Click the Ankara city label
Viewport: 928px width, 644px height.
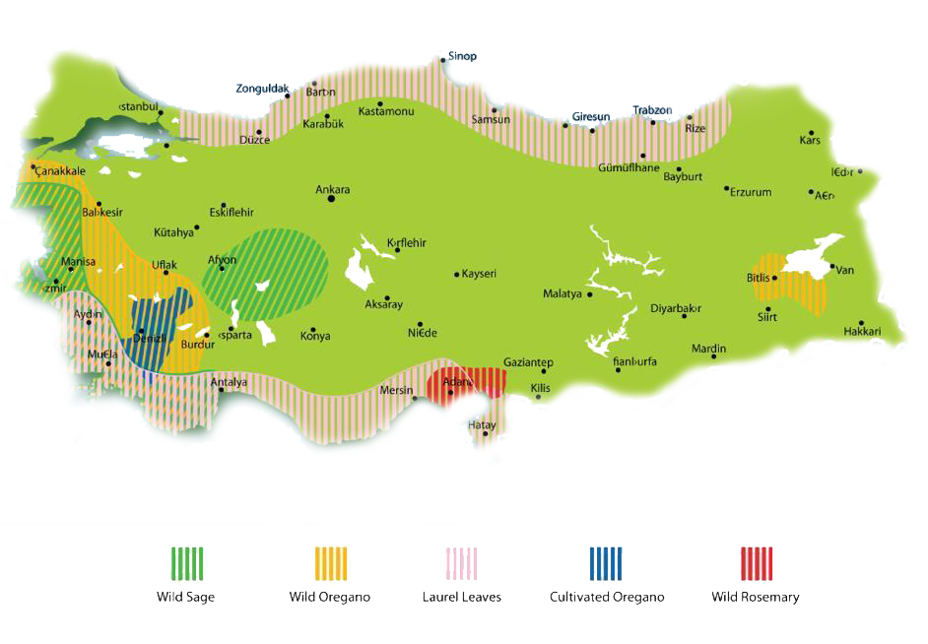click(x=332, y=190)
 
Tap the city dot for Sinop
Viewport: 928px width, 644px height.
click(x=443, y=60)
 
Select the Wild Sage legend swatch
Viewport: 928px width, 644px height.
click(x=185, y=563)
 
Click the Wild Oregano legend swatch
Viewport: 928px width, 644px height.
click(x=330, y=563)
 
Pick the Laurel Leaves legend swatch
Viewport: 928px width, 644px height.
click(x=462, y=563)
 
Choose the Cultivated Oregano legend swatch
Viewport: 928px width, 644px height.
click(x=606, y=563)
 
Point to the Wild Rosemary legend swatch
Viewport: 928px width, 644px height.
click(x=756, y=563)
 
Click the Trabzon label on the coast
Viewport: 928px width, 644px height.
click(x=652, y=110)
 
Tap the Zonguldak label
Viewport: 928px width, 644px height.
click(x=262, y=89)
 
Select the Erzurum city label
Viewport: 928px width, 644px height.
click(x=751, y=192)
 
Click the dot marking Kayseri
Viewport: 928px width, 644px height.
click(x=457, y=274)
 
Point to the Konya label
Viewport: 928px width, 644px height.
click(x=315, y=337)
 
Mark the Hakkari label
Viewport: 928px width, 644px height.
click(x=862, y=332)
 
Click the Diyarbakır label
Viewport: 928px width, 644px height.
click(x=676, y=308)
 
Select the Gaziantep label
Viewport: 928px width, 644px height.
click(x=528, y=362)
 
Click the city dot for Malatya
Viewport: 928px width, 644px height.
click(x=590, y=293)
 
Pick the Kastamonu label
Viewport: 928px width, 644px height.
click(x=385, y=112)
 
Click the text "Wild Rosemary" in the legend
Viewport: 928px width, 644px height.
click(x=756, y=597)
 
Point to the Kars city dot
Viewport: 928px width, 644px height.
click(x=812, y=133)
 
